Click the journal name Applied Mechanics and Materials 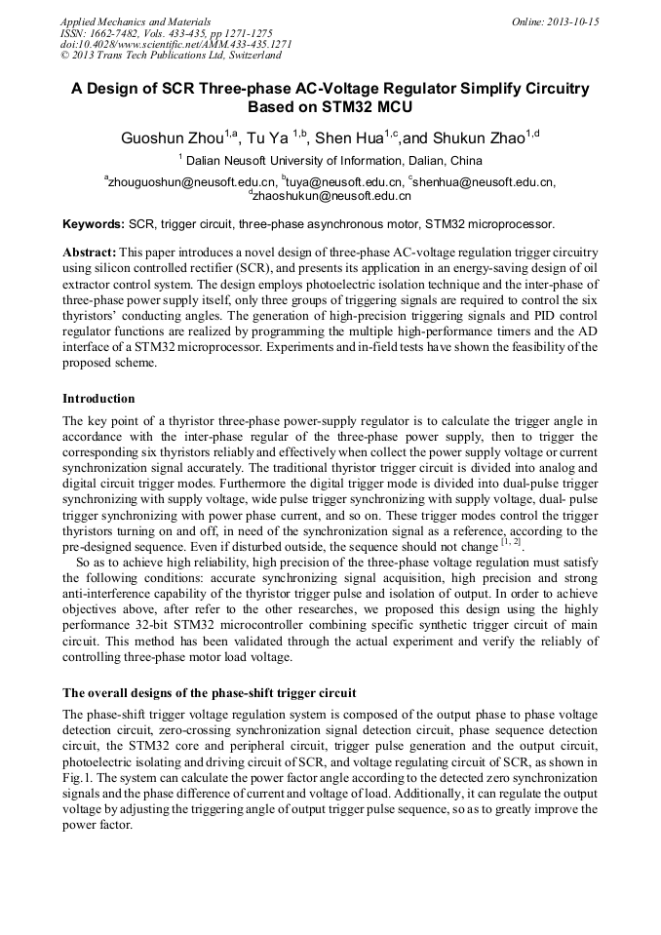click(136, 21)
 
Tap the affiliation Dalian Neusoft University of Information click(335, 161)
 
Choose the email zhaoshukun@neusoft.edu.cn click(332, 195)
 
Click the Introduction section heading click(98, 399)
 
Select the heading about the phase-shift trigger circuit click(209, 693)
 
